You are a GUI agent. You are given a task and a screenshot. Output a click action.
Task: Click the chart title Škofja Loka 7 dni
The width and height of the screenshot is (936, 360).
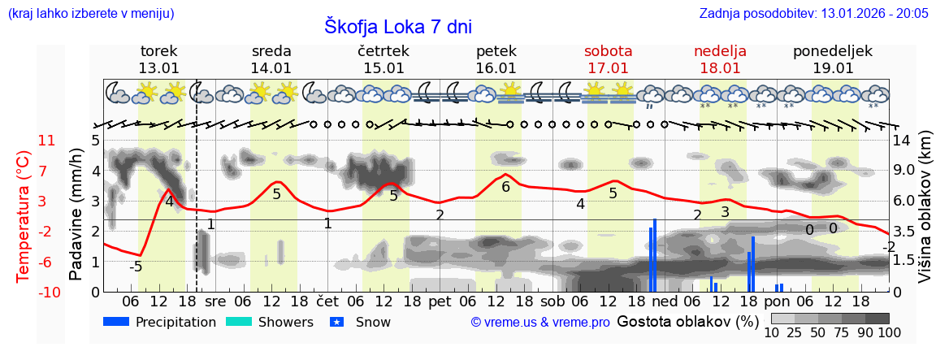[397, 26]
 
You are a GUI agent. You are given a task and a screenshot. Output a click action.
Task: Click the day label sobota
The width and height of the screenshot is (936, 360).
[608, 51]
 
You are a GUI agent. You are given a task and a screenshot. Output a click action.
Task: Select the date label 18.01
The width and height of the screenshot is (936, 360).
[720, 68]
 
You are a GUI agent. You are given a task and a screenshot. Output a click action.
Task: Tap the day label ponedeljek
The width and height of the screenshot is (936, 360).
[832, 51]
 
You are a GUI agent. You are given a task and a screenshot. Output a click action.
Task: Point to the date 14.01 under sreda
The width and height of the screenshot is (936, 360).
[271, 68]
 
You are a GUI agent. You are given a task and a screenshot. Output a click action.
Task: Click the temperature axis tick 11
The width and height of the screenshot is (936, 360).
[47, 141]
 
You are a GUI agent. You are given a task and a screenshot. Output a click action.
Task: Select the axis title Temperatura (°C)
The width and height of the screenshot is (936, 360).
[23, 215]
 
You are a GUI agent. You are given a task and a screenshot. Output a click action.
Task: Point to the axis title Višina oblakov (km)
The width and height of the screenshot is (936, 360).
[925, 215]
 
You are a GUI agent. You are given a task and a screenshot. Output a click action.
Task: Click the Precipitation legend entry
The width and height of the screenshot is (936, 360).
[160, 323]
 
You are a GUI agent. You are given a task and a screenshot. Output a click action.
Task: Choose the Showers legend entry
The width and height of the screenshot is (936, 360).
[269, 323]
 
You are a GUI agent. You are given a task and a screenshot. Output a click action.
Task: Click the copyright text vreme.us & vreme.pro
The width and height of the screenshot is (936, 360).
[540, 323]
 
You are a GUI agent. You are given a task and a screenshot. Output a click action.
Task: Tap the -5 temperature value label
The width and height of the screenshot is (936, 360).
[136, 267]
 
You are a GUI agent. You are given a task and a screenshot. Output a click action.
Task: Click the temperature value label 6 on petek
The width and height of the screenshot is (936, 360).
[505, 188]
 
